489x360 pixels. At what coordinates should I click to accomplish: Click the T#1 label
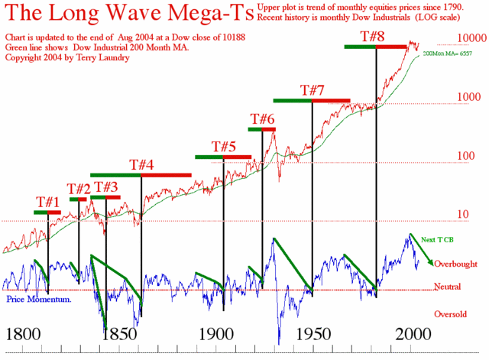[x=47, y=202]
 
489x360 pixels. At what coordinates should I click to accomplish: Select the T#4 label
[x=141, y=164]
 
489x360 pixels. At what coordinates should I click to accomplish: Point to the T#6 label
[x=262, y=118]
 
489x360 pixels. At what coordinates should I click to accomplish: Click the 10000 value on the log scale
[x=468, y=37]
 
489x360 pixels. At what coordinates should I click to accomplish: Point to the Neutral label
[x=447, y=287]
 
